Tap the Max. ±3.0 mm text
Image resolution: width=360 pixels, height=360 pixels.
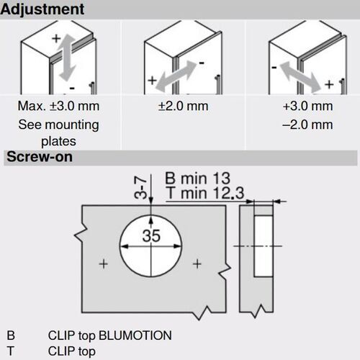(x=58, y=107)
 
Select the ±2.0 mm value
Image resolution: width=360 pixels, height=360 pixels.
(x=182, y=107)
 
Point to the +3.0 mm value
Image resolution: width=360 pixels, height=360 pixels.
(x=307, y=107)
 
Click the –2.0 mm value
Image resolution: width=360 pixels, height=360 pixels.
(x=307, y=125)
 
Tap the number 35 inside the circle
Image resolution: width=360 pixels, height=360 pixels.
(x=151, y=236)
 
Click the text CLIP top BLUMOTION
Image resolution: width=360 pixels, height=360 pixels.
(x=109, y=335)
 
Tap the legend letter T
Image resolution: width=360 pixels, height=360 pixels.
(x=10, y=351)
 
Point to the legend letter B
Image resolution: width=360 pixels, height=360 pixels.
(x=10, y=335)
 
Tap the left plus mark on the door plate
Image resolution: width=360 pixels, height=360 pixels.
(x=103, y=264)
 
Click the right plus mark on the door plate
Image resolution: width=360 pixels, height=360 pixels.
(x=197, y=264)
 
